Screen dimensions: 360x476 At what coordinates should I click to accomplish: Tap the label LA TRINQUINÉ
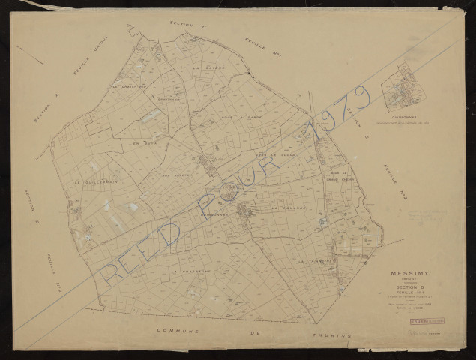tap(314, 260)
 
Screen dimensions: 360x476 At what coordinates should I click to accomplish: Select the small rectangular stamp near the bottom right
tap(426, 320)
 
